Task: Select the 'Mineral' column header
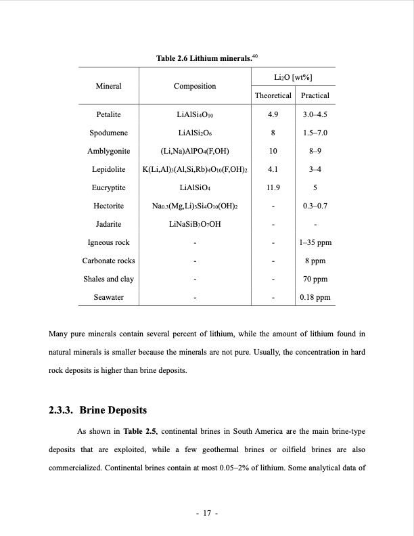(108, 87)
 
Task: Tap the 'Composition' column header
(195, 87)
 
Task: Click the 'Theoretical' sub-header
(273, 96)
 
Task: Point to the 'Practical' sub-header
(315, 96)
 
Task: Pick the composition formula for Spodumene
(195, 133)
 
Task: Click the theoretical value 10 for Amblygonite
(273, 151)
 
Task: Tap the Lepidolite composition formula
(195, 169)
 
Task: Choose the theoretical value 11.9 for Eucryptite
(273, 187)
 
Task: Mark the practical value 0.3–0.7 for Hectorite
(316, 206)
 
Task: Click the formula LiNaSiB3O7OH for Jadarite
(195, 224)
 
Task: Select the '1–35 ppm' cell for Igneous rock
(316, 242)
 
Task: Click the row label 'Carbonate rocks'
(108, 261)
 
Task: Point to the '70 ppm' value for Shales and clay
(316, 279)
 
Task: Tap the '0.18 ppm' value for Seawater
(316, 297)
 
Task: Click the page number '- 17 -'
(206, 514)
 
